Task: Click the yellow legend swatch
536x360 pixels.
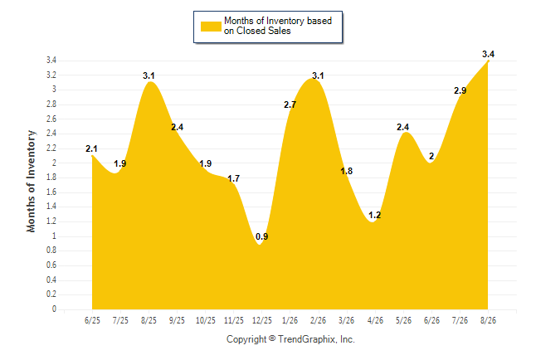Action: [211, 27]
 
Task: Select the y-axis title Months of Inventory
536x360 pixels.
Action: [31, 181]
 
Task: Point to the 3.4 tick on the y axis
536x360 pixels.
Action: [51, 61]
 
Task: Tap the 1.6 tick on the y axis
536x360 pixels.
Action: [51, 192]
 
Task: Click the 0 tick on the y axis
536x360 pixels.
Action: [54, 309]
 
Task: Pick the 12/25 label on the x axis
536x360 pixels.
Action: [262, 320]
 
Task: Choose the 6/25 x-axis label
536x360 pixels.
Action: [92, 320]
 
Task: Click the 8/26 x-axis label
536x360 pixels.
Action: [488, 320]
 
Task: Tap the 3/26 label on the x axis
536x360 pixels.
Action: [346, 320]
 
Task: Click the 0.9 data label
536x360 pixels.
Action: [262, 236]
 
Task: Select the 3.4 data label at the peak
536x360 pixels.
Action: [488, 54]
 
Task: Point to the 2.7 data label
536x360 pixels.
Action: [290, 105]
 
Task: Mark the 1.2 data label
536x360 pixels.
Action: [375, 215]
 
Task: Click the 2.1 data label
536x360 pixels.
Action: [91, 148]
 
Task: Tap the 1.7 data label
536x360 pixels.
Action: [233, 178]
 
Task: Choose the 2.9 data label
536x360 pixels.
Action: [460, 90]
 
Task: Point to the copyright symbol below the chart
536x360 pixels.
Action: [272, 338]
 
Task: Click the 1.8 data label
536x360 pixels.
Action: [346, 171]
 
